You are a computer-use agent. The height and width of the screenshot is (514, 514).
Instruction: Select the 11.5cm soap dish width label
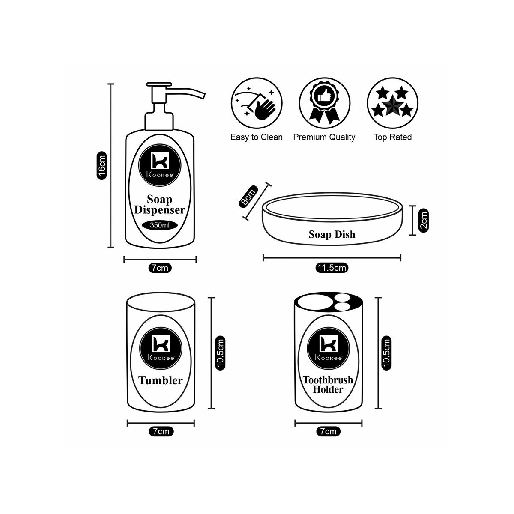click(x=332, y=268)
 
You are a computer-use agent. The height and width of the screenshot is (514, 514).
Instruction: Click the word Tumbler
click(x=160, y=380)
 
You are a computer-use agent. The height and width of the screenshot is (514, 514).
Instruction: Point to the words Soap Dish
click(x=332, y=235)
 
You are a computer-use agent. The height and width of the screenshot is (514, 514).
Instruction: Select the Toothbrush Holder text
click(x=328, y=385)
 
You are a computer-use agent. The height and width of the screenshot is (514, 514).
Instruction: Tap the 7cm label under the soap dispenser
click(x=160, y=268)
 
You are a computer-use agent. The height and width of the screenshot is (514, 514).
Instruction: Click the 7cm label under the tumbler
click(x=161, y=431)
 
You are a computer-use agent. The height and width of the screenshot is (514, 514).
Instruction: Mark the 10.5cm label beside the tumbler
click(x=220, y=352)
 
